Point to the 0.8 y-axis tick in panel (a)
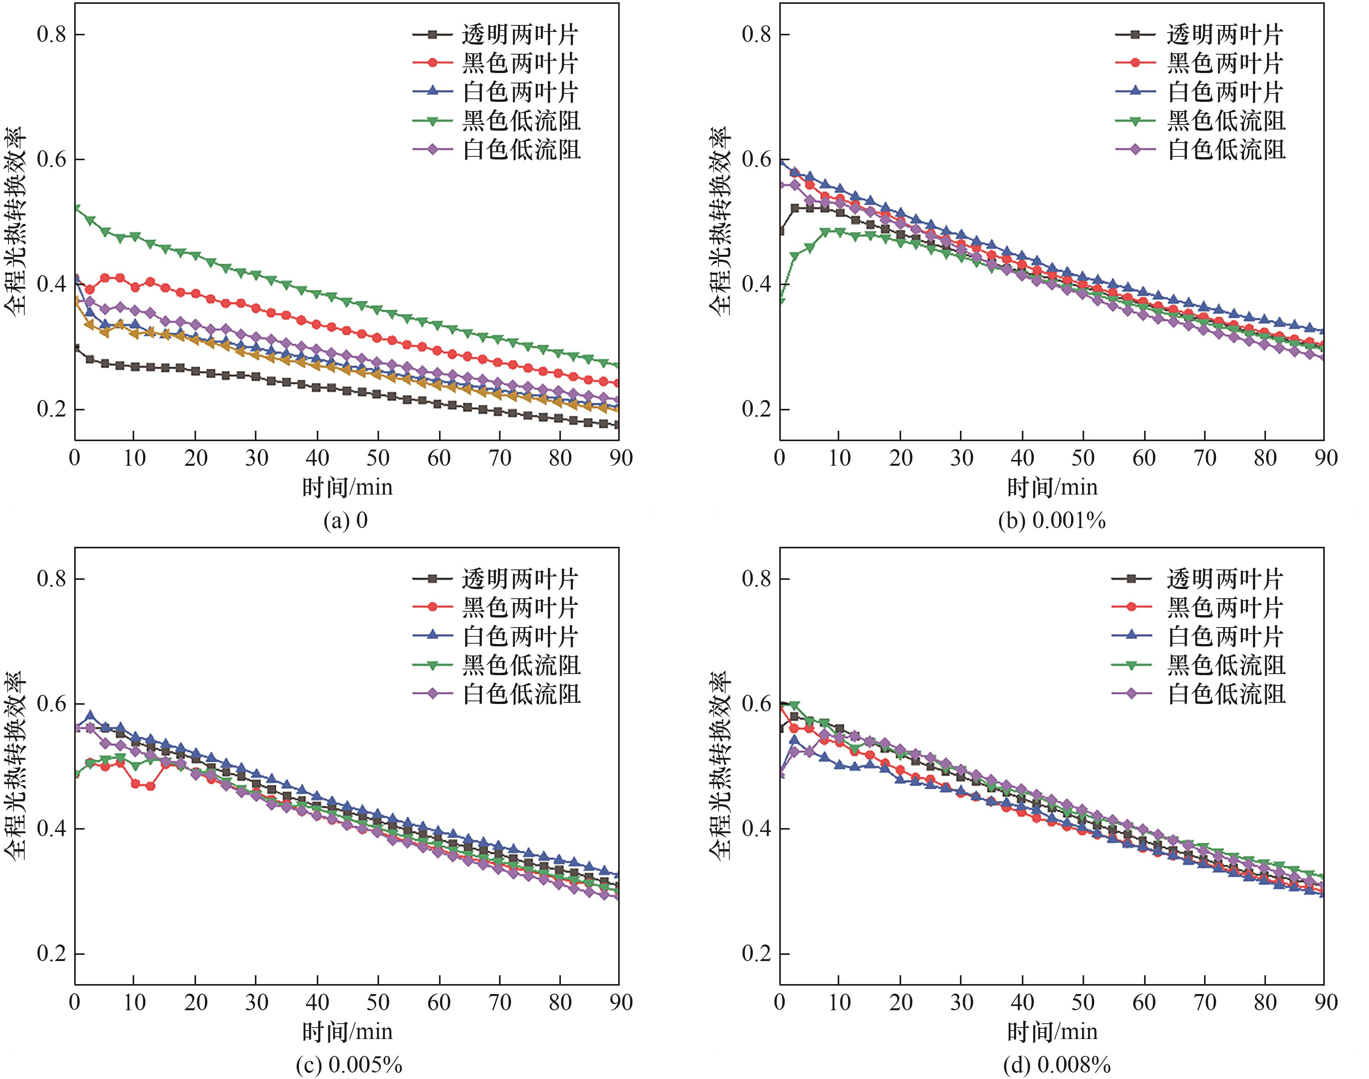(x=52, y=34)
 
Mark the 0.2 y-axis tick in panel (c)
(x=52, y=953)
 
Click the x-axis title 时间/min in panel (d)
(x=1052, y=1032)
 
